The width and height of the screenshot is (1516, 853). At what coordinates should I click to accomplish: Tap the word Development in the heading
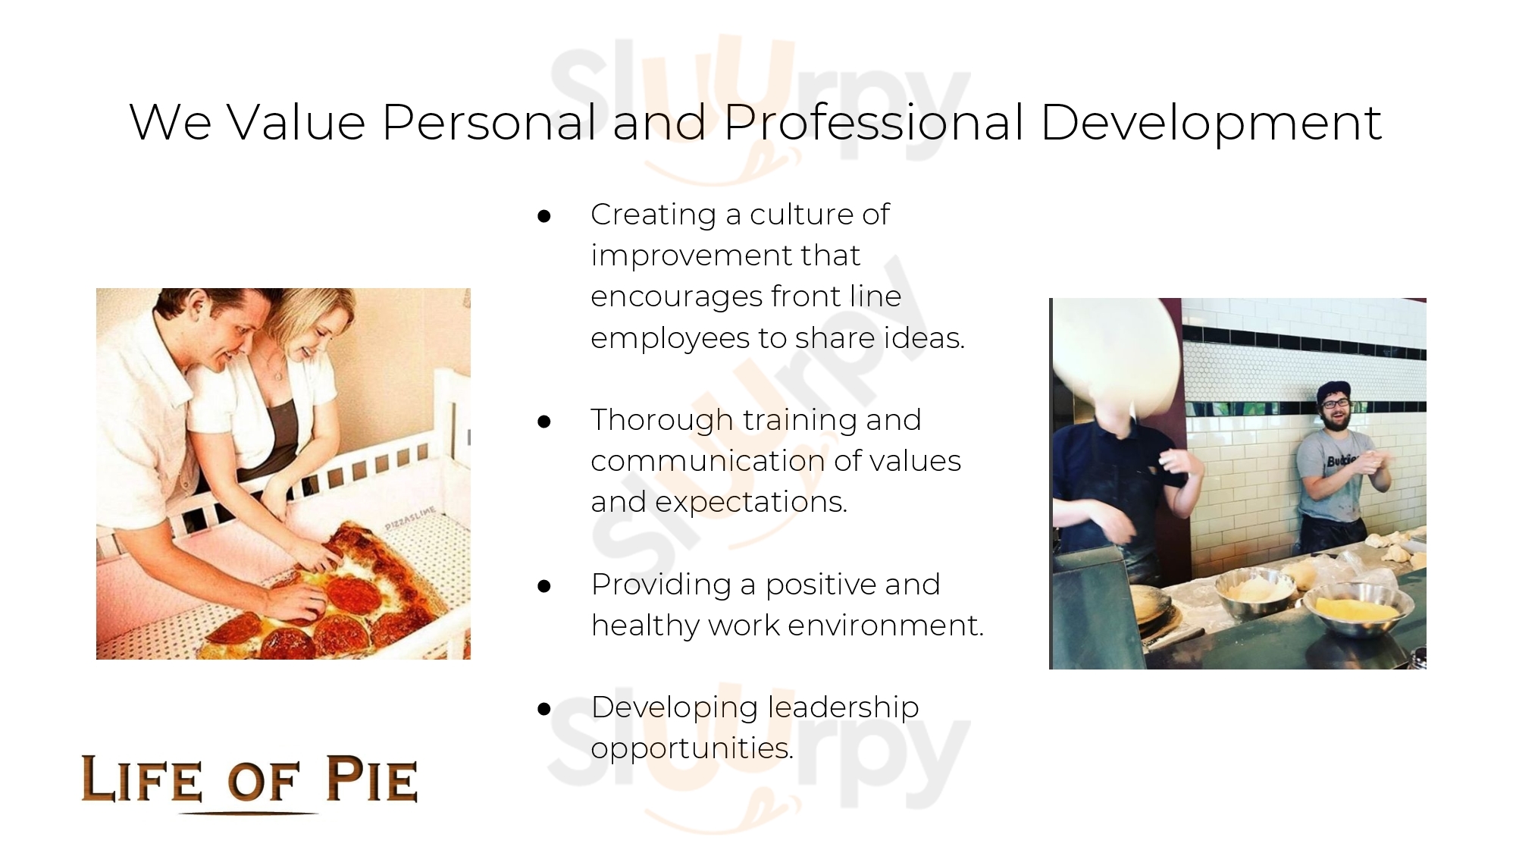click(1211, 122)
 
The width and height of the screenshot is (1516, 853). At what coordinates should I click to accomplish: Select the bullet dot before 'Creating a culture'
click(543, 216)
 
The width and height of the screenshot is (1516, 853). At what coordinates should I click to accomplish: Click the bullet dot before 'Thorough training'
click(543, 422)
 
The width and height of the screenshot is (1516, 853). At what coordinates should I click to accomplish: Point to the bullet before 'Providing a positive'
click(543, 586)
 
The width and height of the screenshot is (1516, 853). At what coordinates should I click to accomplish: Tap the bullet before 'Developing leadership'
click(543, 709)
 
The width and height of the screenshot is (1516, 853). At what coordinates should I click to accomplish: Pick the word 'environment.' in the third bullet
click(886, 626)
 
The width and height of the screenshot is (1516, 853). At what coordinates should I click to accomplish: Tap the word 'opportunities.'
click(693, 750)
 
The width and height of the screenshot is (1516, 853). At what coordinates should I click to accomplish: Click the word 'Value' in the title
click(296, 122)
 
